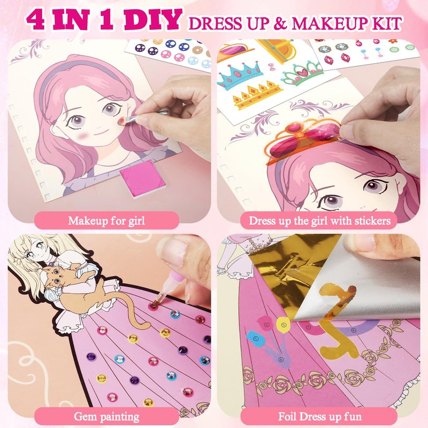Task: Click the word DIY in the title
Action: point(154,20)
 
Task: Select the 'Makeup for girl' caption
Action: point(106,220)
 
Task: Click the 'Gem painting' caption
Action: point(106,417)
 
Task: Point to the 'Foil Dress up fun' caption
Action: point(319,417)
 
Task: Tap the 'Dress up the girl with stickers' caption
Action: point(319,220)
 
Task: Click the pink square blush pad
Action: point(143,175)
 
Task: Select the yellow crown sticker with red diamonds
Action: point(257,95)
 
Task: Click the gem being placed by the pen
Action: point(154,305)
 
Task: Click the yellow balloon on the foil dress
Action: point(283,325)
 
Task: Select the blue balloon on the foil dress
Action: point(256,339)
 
